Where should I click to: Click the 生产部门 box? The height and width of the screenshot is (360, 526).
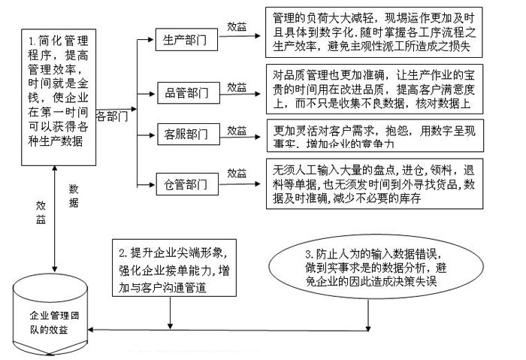(177, 40)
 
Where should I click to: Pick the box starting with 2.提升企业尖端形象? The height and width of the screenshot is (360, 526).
(175, 267)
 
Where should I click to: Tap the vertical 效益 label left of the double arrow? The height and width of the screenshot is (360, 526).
(41, 211)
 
